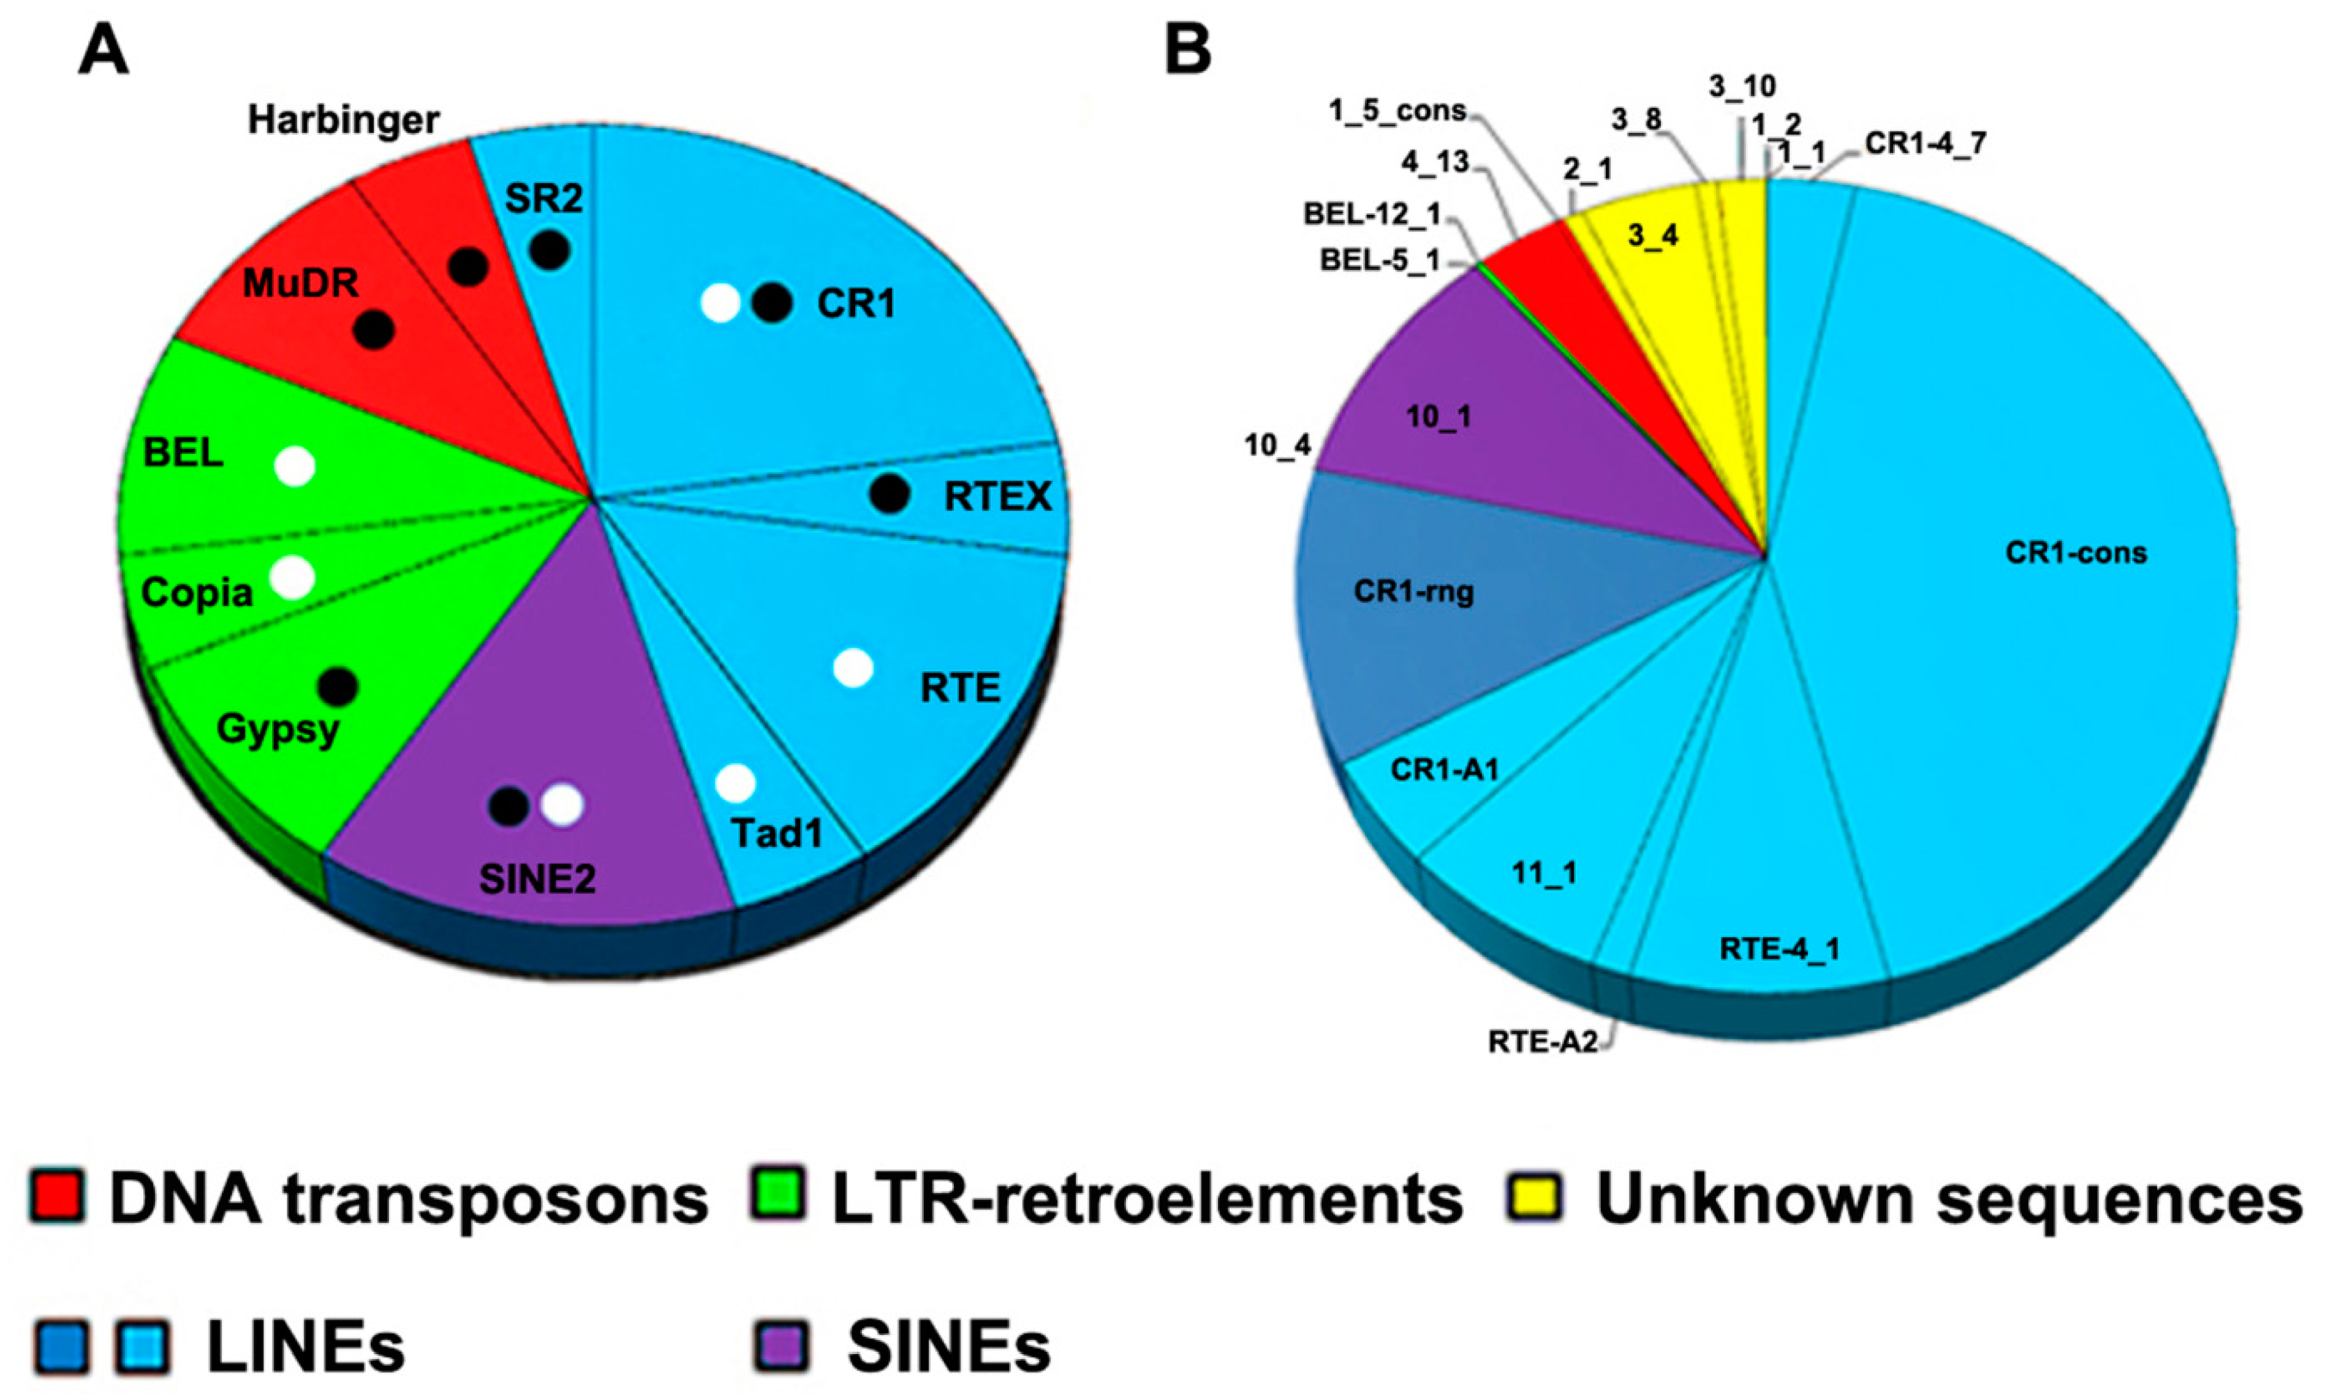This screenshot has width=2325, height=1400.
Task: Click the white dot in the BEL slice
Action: pyautogui.click(x=295, y=466)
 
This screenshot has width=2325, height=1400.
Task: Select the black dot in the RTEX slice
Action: pyautogui.click(x=889, y=494)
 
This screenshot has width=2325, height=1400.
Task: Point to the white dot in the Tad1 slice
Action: pyautogui.click(x=735, y=783)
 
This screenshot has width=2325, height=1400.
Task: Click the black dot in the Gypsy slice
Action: pyautogui.click(x=338, y=687)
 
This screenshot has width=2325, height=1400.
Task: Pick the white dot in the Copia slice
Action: pyautogui.click(x=292, y=578)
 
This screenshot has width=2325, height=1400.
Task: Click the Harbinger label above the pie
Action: pyautogui.click(x=344, y=120)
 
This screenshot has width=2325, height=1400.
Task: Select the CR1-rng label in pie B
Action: pyautogui.click(x=1413, y=592)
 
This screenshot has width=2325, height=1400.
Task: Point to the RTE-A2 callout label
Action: pyautogui.click(x=1543, y=1042)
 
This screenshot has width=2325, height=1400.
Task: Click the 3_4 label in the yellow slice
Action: pyautogui.click(x=1653, y=235)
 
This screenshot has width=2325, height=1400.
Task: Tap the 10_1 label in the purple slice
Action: pyautogui.click(x=1438, y=416)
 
